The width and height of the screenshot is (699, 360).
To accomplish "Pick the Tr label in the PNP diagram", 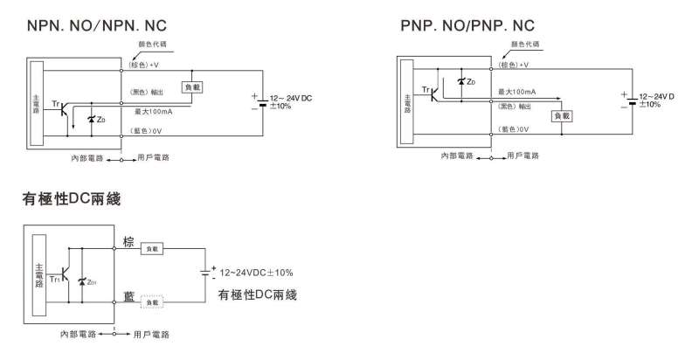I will [x=426, y=89].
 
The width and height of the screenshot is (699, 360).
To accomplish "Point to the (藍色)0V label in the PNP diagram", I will [x=515, y=128].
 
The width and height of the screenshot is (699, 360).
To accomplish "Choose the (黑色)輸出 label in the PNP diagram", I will [x=514, y=104].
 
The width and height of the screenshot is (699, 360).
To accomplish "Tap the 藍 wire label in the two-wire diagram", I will [x=128, y=298].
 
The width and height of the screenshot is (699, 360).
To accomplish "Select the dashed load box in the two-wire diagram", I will [x=153, y=301].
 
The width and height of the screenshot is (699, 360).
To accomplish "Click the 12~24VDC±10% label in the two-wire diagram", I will [x=256, y=272].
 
